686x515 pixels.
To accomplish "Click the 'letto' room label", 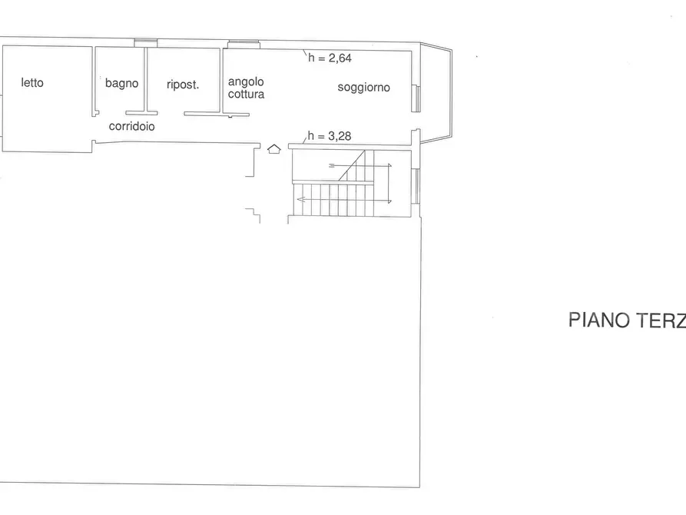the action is [x=32, y=82].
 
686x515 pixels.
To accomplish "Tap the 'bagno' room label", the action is [x=121, y=83].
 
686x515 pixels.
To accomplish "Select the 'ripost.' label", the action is [x=183, y=85].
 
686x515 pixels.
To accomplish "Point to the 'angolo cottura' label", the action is [x=246, y=88].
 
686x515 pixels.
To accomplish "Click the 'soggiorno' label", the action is [x=363, y=88].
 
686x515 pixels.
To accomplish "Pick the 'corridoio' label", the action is [x=131, y=126].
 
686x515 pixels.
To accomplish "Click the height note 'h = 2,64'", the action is [x=330, y=58].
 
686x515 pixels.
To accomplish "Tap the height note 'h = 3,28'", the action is [x=330, y=136].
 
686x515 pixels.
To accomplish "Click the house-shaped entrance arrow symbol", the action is [x=274, y=149].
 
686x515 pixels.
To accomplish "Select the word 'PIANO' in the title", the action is [x=599, y=320].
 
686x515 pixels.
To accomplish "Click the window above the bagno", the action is [x=146, y=42].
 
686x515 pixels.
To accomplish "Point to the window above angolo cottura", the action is [x=244, y=45].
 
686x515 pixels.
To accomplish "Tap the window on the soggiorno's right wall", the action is [x=416, y=98].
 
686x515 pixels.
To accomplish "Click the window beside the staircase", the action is [x=417, y=187].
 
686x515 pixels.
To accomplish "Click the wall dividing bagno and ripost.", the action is [x=146, y=79].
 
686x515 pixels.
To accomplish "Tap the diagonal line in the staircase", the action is [x=352, y=165].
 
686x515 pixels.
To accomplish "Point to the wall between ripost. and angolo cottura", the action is [x=221, y=81].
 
